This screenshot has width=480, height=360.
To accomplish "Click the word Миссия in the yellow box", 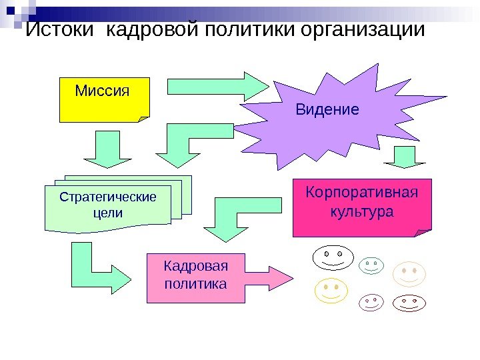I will pyautogui.click(x=101, y=90).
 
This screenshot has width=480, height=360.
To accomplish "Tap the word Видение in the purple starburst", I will pyautogui.click(x=327, y=109).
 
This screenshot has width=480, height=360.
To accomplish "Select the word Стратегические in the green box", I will pyautogui.click(x=107, y=197).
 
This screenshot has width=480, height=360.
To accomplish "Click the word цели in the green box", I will pyautogui.click(x=107, y=213).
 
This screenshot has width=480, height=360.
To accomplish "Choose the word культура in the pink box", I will pyautogui.click(x=362, y=212).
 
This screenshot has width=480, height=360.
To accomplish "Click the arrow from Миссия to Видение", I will pyautogui.click(x=217, y=86).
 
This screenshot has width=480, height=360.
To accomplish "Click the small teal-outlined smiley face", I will pyautogui.click(x=371, y=265).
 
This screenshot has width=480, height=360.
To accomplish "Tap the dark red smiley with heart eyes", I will pyautogui.click(x=409, y=302).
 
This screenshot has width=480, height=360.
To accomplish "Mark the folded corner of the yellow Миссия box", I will pyautogui.click(x=143, y=119).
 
